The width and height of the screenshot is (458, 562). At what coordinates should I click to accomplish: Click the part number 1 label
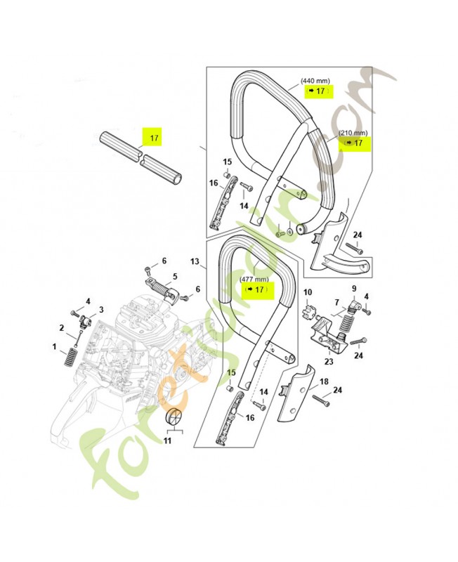[x=54, y=346]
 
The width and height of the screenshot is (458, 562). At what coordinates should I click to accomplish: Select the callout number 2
[x=62, y=327]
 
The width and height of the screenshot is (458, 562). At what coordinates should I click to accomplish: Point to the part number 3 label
[x=101, y=309]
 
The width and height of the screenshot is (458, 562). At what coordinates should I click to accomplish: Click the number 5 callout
[x=175, y=276]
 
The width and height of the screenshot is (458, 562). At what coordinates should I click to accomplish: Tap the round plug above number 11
[x=174, y=417]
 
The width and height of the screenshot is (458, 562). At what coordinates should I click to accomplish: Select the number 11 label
[x=167, y=440]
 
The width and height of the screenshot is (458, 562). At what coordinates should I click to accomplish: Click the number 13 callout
[x=195, y=261]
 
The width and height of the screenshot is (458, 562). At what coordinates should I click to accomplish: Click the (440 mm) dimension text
[x=315, y=81]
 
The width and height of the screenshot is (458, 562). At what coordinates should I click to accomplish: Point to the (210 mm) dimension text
[x=353, y=133]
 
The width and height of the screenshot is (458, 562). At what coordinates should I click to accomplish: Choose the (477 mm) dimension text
[x=254, y=279]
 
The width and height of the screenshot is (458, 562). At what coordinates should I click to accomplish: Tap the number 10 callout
[x=308, y=292]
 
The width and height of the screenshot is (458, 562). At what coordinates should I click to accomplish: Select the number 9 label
[x=354, y=288]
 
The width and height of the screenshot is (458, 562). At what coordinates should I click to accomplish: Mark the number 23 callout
[x=329, y=362]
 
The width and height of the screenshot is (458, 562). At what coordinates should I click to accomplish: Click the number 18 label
[x=324, y=381]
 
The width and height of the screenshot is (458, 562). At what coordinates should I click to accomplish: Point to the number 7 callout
[x=336, y=303]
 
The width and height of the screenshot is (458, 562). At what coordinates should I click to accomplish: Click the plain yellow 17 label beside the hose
[x=154, y=138]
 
